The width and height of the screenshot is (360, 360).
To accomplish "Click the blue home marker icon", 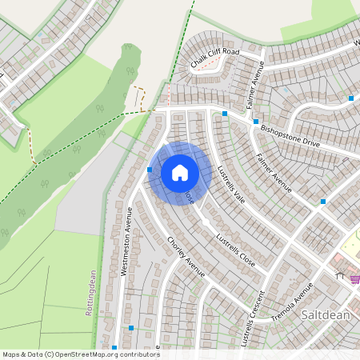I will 180,173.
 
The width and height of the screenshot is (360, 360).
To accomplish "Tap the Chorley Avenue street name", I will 186,257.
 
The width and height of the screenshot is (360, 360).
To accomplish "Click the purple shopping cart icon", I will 354,278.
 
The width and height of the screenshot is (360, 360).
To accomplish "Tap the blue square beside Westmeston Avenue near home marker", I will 150,170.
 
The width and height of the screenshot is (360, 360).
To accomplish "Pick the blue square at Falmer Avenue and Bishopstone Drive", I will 256,122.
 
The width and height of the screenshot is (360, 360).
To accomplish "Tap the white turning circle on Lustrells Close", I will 206,221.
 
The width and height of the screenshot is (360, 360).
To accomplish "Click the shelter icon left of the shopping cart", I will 340,276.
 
